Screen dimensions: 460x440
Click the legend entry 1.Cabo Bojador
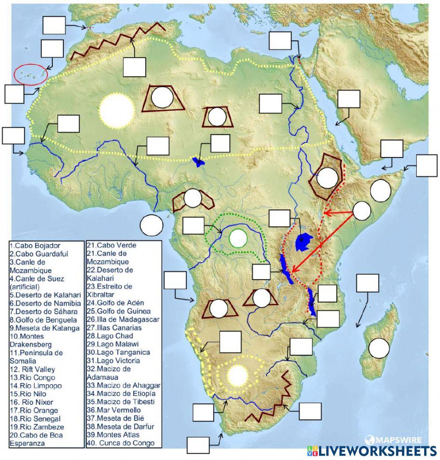[35, 246]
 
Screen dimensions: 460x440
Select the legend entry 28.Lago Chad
[109, 336]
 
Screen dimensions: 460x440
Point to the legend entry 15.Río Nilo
[28, 394]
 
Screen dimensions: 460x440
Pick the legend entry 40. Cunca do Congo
[121, 443]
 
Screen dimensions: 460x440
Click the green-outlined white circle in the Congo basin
[238, 239]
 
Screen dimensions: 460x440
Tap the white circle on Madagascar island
[379, 348]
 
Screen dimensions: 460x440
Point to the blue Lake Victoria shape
[304, 242]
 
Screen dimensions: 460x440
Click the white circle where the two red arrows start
[362, 211]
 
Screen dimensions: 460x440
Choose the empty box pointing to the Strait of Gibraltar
[54, 25]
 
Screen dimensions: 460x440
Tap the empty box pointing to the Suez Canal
[280, 40]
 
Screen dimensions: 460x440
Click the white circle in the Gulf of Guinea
[151, 225]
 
